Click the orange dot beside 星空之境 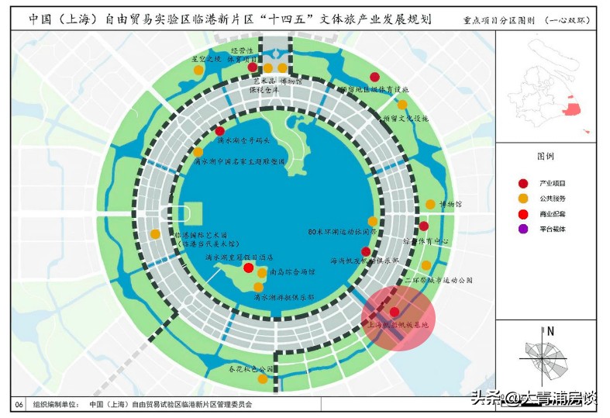pyautogui.click(x=198, y=70)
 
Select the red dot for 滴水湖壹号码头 pyautogui.click(x=220, y=131)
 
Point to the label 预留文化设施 pyautogui.click(x=402, y=119)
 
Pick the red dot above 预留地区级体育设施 pyautogui.click(x=374, y=77)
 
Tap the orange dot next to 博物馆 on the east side pyautogui.click(x=430, y=205)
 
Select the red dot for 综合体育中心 pyautogui.click(x=424, y=226)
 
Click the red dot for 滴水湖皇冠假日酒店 pyautogui.click(x=248, y=268)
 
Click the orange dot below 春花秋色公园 pyautogui.click(x=263, y=379)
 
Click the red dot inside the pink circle pyautogui.click(x=395, y=311)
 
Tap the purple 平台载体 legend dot pyautogui.click(x=523, y=229)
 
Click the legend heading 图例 pyautogui.click(x=546, y=156)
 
